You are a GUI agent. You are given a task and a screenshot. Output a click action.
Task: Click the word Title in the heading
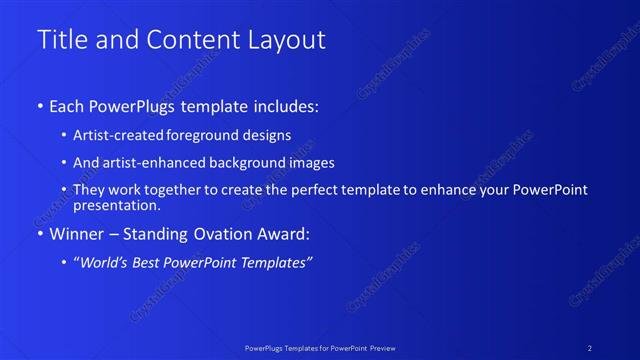coord(59,40)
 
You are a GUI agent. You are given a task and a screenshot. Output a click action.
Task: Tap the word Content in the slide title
coord(190,40)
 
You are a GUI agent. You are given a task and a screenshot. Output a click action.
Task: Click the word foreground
coord(199,135)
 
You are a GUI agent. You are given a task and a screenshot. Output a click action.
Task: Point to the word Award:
coord(284,234)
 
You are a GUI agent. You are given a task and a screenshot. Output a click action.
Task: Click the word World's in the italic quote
coord(102,262)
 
